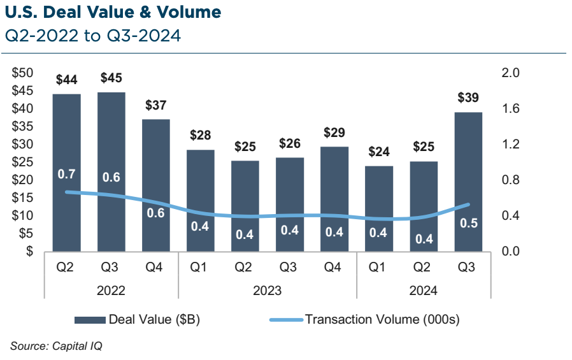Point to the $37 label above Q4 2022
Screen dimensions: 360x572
coord(156,105)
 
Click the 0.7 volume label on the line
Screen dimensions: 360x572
coord(67,174)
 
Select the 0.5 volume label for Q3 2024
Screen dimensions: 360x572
coord(468,223)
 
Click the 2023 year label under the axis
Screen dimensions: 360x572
coord(268,291)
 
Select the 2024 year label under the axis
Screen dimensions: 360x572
coord(424,291)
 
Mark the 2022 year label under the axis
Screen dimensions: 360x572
coord(111,291)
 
